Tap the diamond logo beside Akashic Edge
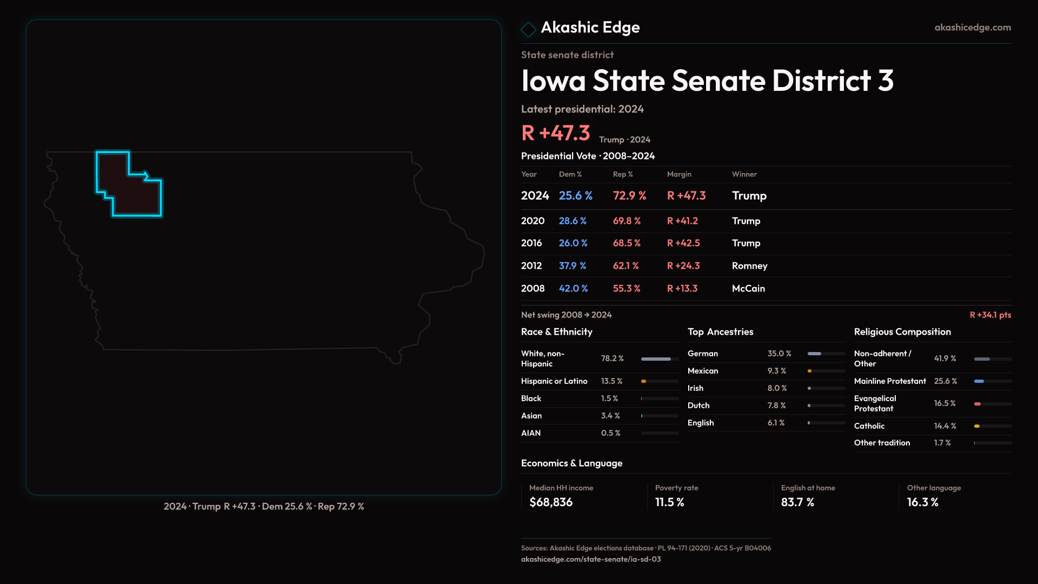point(528,29)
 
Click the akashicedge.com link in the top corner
point(973,28)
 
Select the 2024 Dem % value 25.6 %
point(575,196)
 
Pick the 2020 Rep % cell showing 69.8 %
point(627,221)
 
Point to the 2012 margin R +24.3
point(683,266)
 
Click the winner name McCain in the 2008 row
point(748,289)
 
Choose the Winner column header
point(744,174)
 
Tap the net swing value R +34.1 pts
point(990,315)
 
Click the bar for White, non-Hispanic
point(656,359)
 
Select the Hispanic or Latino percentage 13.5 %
point(611,381)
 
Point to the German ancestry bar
point(815,354)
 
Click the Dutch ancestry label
point(698,406)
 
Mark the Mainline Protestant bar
point(979,381)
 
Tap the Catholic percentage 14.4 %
point(945,426)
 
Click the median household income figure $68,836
point(551,502)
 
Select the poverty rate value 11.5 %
point(669,502)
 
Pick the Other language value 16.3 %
point(922,502)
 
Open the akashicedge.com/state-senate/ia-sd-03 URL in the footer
point(591,559)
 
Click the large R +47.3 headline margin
point(555,133)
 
